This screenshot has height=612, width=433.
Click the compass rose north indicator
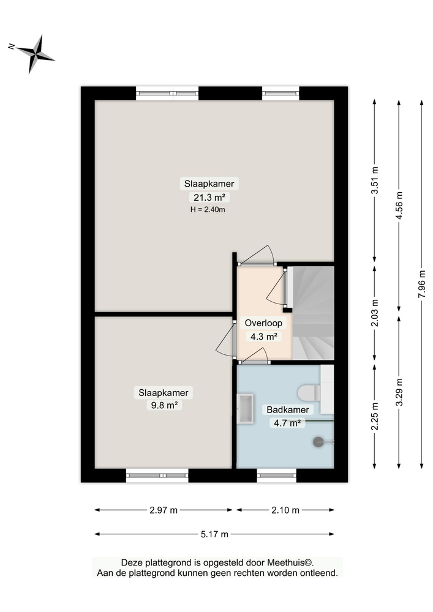(36, 54)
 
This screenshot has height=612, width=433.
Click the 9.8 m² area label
(164, 405)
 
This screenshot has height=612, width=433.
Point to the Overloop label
(262, 323)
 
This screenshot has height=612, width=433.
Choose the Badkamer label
(286, 409)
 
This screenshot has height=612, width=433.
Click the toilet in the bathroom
(310, 392)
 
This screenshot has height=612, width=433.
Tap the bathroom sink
(246, 409)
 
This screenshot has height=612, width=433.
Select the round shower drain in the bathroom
(318, 442)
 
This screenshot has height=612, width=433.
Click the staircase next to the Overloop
(312, 312)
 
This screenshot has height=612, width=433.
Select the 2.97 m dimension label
(164, 510)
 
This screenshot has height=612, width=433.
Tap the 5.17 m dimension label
(214, 534)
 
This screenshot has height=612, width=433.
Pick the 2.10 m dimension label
(285, 510)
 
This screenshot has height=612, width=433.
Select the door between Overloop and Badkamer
(254, 361)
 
